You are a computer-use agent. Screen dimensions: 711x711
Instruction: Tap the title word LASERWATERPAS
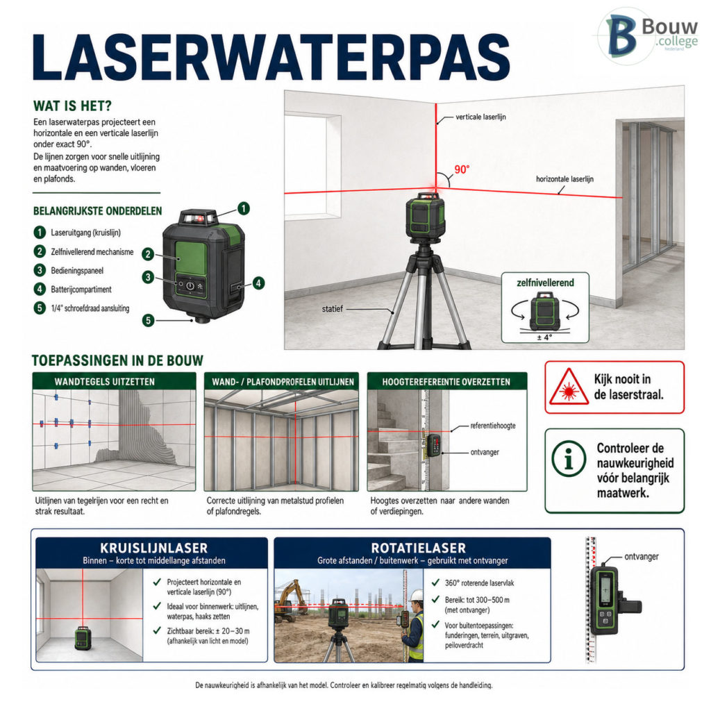[271, 58]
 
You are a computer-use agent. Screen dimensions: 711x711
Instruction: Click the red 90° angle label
[462, 169]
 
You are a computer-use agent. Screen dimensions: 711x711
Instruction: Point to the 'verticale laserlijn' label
[480, 117]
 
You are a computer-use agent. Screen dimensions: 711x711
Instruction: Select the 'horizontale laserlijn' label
[564, 179]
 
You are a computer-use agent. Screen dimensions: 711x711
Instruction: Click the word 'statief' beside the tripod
[333, 309]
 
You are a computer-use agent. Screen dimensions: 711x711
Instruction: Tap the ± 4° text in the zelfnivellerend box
[544, 337]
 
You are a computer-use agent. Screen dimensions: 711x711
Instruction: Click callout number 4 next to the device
[258, 283]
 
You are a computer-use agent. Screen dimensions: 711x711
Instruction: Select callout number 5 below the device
[148, 321]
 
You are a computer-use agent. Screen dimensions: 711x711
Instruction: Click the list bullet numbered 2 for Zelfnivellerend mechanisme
[40, 251]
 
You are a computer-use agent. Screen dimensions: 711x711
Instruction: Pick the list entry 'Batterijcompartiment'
[81, 290]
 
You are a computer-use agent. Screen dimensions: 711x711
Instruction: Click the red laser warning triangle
[569, 387]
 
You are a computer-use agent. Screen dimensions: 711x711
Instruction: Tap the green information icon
[569, 458]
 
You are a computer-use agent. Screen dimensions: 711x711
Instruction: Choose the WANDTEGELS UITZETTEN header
[105, 382]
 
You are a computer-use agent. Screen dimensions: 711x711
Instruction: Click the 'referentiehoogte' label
[493, 426]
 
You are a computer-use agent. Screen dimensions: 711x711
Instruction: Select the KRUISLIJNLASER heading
[153, 549]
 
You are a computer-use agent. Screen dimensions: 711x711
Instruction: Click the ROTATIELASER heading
[419, 549]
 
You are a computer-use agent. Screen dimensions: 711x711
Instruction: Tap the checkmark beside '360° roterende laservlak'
[435, 583]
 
